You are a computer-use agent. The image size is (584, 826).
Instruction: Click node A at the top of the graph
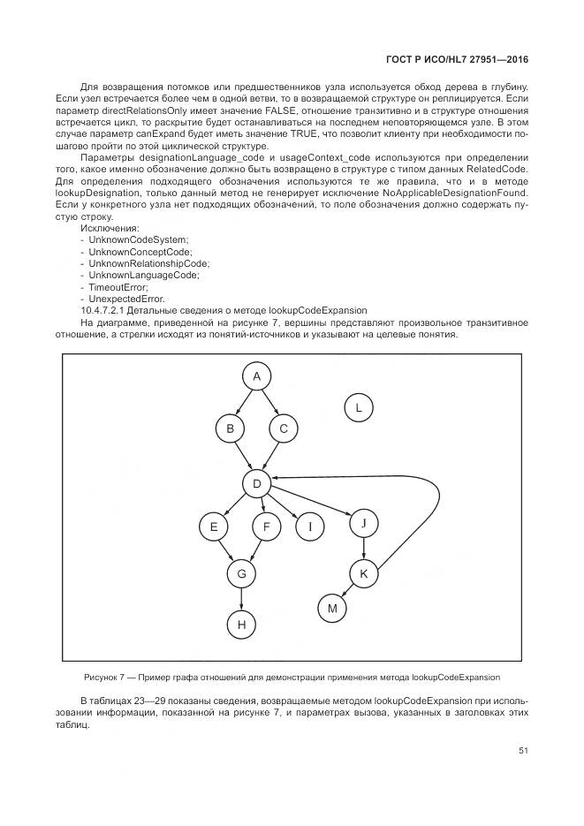[x=256, y=377]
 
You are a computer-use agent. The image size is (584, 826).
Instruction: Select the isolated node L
[x=358, y=407]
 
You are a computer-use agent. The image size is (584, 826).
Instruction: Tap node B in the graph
[x=230, y=428]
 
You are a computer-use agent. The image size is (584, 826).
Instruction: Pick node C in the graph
[x=284, y=428]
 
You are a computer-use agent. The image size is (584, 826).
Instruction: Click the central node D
[x=256, y=483]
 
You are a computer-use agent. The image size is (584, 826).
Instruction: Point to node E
[x=213, y=527]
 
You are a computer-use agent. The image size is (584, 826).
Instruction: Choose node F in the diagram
[x=266, y=527]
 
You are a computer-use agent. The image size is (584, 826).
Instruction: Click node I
[x=310, y=527]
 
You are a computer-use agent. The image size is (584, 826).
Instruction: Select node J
[x=363, y=523]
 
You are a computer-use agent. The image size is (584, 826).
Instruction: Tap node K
[x=363, y=573]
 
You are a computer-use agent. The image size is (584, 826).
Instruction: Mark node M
[x=332, y=608]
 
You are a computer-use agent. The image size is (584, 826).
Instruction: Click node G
[x=239, y=573]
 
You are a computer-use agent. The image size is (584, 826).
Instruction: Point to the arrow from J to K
[x=363, y=548]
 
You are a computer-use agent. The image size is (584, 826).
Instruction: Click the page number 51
[x=523, y=751]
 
